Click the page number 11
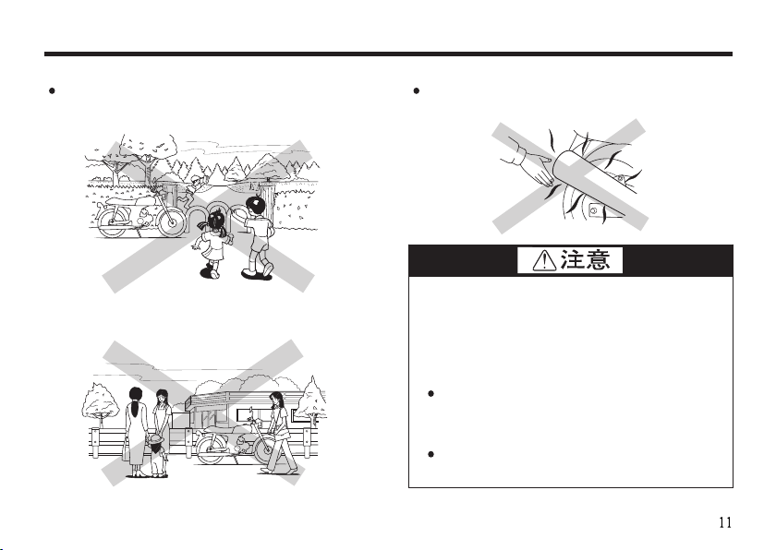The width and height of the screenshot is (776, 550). pos(725,522)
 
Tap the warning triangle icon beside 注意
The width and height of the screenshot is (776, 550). pos(538,261)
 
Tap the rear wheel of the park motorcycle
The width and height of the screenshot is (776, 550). pos(111,222)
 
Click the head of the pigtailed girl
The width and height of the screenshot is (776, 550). pos(218,221)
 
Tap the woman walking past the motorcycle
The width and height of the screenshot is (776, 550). pos(276,430)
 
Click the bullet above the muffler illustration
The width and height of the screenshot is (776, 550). pos(418,91)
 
